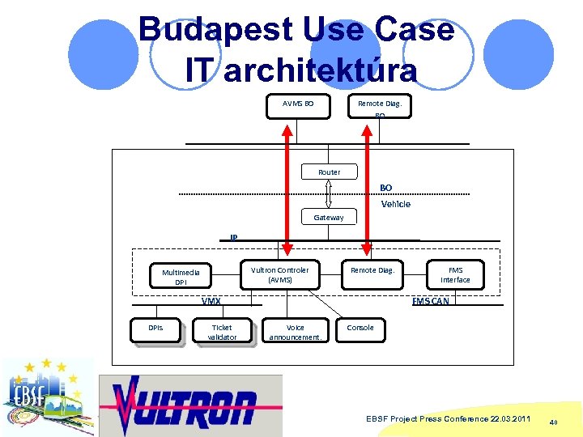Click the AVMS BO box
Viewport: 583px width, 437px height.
pos(298,106)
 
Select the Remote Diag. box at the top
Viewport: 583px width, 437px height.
pos(380,104)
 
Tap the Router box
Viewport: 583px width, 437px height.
pos(329,172)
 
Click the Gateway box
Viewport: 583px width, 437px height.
pos(328,217)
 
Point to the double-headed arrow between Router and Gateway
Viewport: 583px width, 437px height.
pos(329,194)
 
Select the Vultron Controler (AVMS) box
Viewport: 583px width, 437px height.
pos(279,274)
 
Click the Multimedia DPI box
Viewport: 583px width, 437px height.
pos(181,277)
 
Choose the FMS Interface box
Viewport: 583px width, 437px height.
pos(455,274)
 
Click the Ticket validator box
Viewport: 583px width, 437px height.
pos(221,332)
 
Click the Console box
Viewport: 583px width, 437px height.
pos(360,329)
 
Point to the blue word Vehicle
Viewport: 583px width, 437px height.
pos(396,204)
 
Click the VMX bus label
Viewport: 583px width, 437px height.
pos(211,301)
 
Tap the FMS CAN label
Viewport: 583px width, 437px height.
pos(430,301)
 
